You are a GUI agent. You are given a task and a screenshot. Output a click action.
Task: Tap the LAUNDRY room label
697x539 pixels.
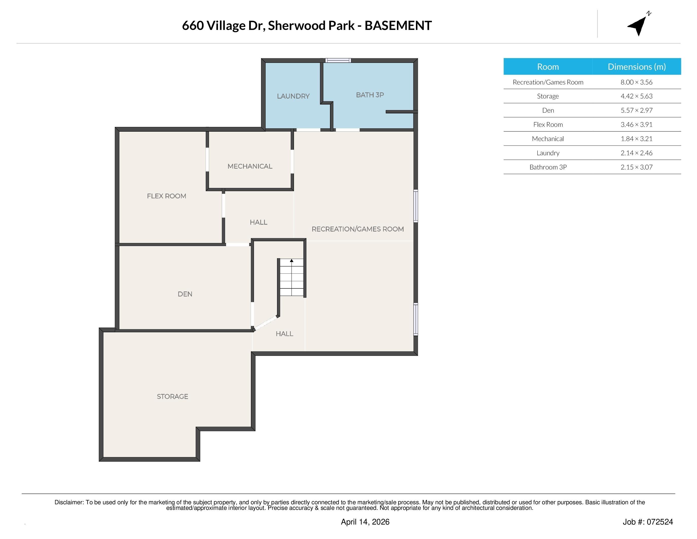[x=293, y=96]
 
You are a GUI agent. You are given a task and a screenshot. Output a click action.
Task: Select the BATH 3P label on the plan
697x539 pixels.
[x=370, y=95]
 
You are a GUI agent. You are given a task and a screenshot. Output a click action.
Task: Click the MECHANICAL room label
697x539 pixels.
[x=250, y=166]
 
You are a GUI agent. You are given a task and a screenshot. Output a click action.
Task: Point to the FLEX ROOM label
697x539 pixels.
[x=166, y=196]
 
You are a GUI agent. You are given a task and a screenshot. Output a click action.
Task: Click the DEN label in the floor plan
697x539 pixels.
[x=185, y=294]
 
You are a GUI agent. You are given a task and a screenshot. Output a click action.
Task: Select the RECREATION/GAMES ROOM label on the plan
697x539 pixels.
[x=357, y=229]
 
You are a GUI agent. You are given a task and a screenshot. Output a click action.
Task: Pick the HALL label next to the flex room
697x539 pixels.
[x=258, y=222]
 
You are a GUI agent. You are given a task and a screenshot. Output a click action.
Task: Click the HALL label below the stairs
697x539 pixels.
[x=284, y=334]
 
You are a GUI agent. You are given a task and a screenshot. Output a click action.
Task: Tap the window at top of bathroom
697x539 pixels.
[x=338, y=60]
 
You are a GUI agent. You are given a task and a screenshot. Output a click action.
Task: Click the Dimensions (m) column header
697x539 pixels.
[x=636, y=67]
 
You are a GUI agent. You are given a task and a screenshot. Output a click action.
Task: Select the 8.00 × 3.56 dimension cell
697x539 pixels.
[x=636, y=82]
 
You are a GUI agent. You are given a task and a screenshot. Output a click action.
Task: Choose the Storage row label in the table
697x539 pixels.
[x=548, y=96]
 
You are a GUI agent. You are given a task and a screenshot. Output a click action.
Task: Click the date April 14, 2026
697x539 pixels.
[x=365, y=522]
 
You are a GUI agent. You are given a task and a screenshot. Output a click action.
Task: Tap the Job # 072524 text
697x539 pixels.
[x=648, y=522]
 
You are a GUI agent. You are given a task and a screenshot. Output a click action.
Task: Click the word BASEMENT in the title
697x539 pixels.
[x=398, y=26]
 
